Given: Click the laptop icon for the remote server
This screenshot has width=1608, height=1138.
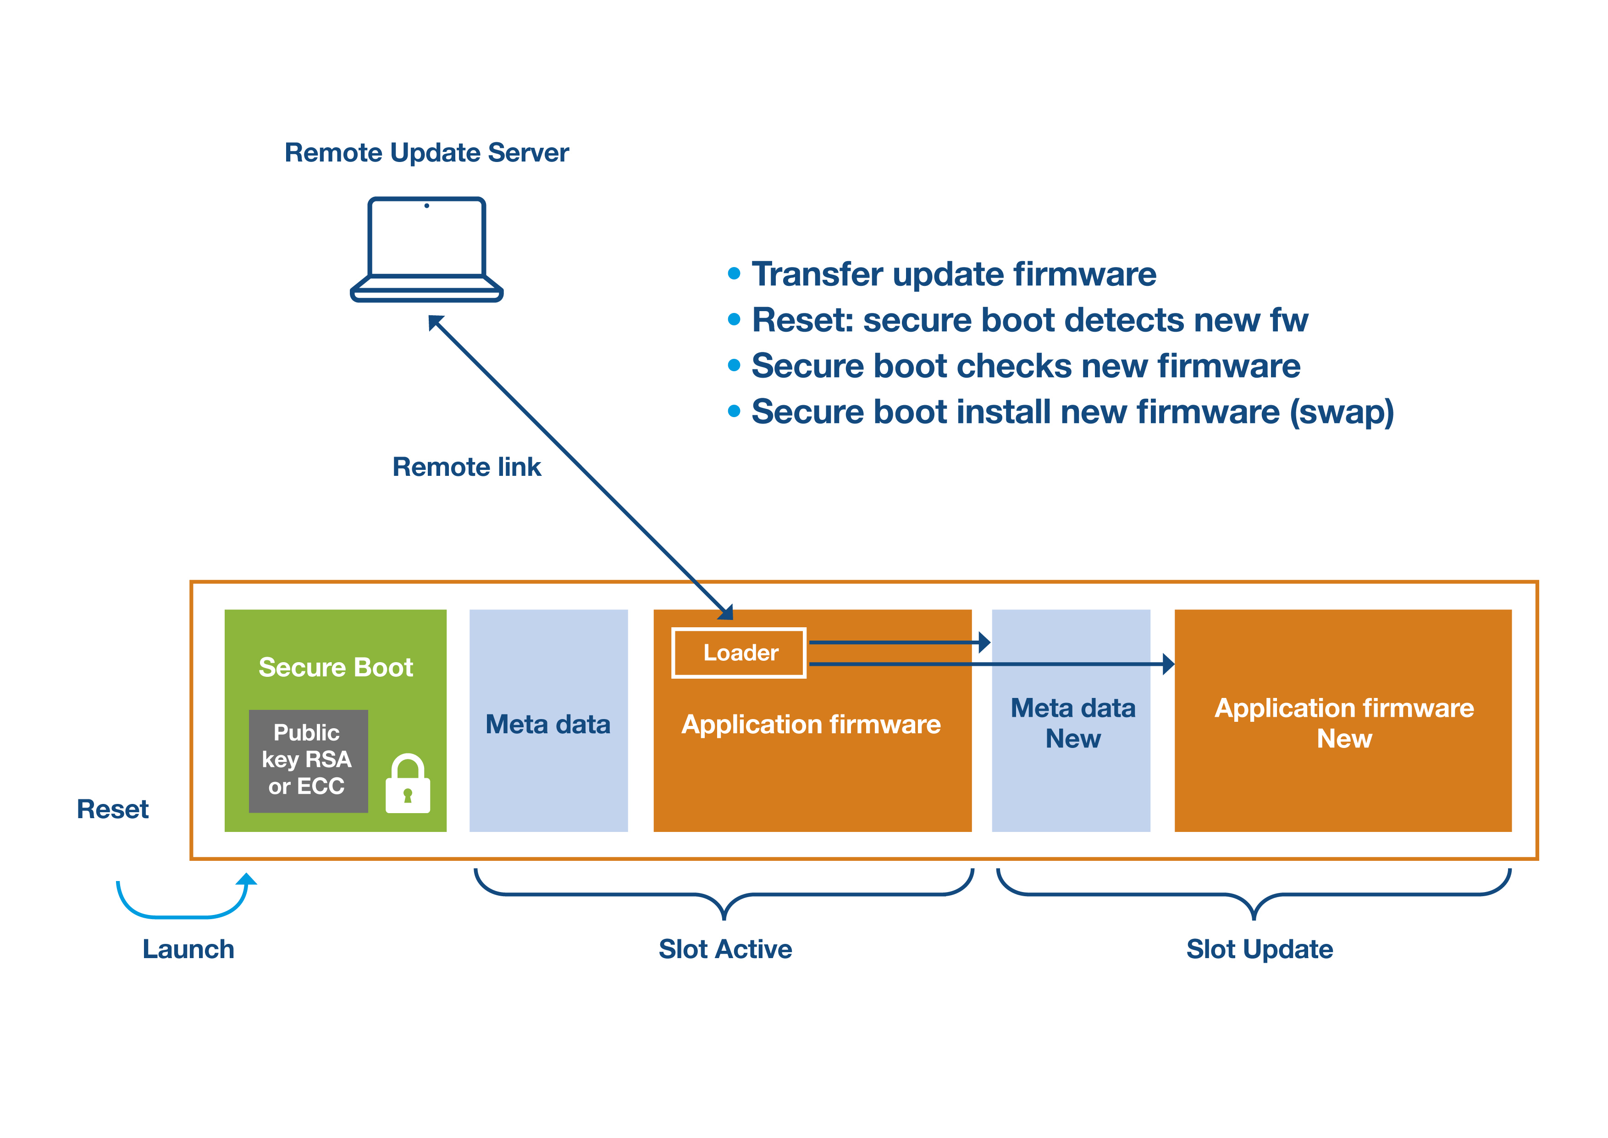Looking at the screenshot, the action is (426, 250).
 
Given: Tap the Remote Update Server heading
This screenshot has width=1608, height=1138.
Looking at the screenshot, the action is (426, 153).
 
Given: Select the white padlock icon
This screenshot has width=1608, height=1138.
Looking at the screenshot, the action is (408, 783).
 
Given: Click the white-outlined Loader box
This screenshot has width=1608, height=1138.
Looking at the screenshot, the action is (739, 653).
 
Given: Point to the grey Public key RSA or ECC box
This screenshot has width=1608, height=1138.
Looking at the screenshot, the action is (308, 761).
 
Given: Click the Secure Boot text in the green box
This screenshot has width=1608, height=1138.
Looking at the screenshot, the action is (336, 667).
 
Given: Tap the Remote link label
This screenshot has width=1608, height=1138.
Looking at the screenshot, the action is (466, 467).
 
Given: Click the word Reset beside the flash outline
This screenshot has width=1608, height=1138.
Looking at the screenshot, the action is (113, 809).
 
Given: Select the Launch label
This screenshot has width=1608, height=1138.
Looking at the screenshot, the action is (188, 949).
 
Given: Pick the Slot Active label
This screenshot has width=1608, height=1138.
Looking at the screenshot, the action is (725, 949).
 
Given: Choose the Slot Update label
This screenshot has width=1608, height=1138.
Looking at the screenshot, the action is (1259, 949).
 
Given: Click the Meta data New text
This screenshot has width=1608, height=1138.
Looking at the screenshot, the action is (1072, 723).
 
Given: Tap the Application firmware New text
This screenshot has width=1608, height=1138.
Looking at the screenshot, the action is (1344, 723).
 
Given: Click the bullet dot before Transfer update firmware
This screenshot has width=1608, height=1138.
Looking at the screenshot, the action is (734, 273).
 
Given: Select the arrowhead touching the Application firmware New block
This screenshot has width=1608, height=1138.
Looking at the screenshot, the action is (1168, 664).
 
